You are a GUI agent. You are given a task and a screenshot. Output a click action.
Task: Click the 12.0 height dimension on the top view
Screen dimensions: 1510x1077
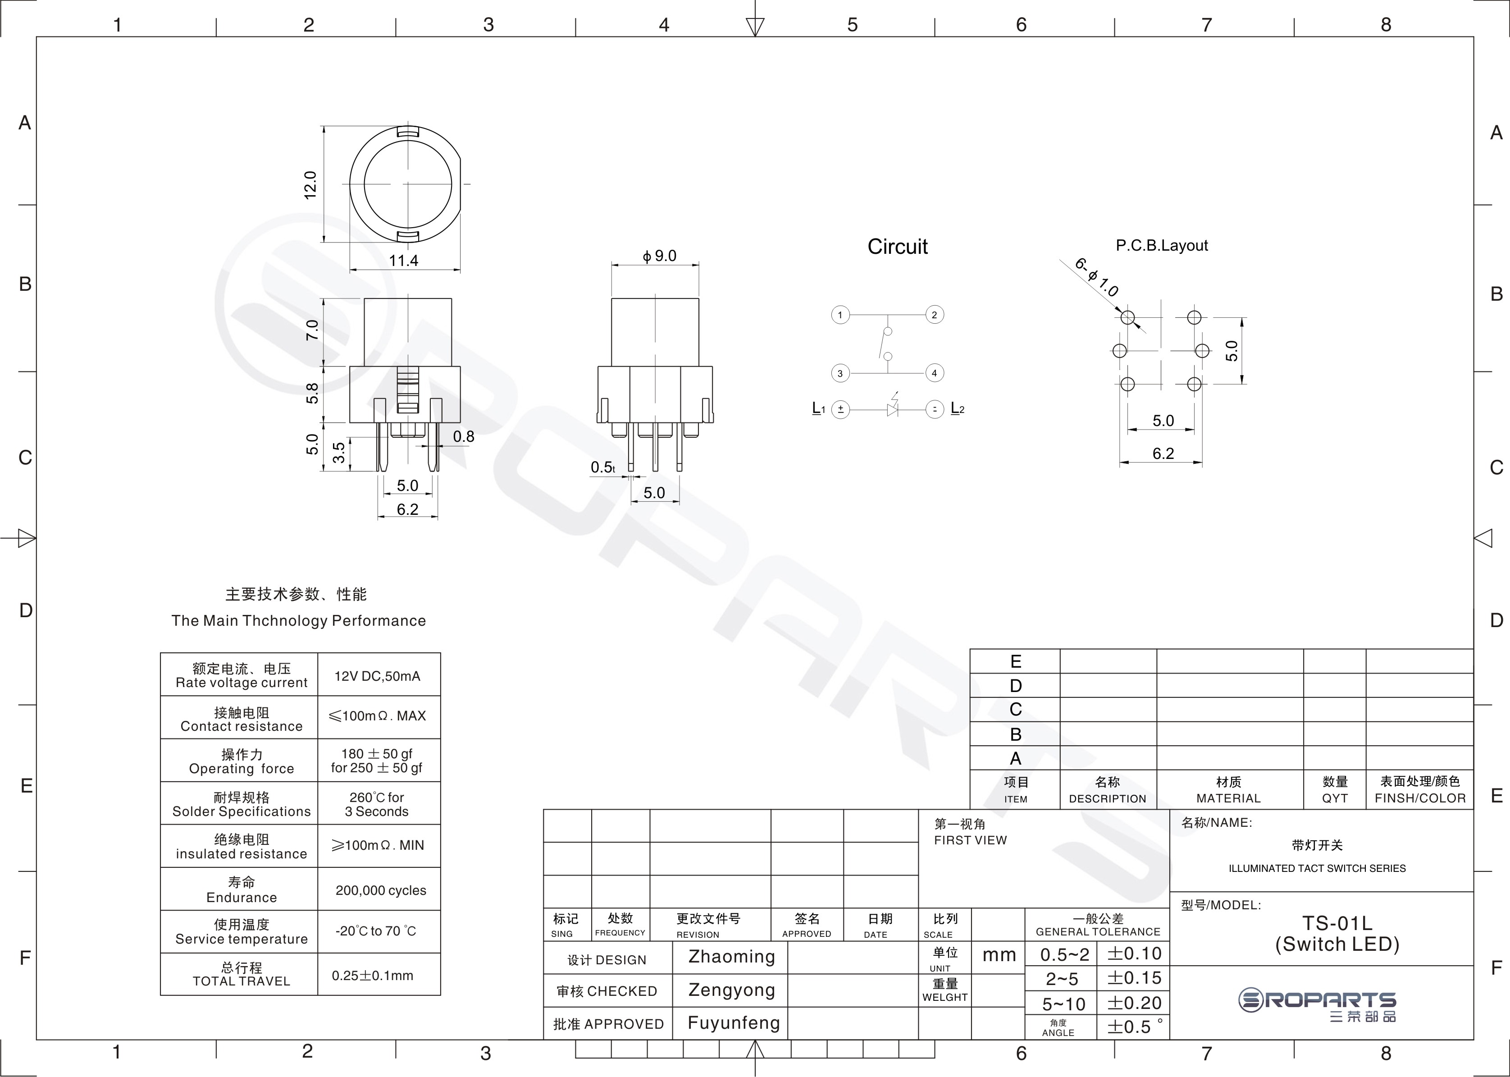click(x=310, y=185)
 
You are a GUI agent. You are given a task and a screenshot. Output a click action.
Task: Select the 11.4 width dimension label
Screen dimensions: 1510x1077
click(x=404, y=261)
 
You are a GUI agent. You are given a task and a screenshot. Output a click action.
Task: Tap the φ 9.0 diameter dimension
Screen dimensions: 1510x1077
click(x=660, y=256)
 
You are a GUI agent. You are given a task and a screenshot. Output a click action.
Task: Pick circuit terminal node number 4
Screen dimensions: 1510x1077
click(x=934, y=373)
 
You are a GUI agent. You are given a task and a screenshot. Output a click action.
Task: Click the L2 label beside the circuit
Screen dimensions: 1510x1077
click(x=957, y=408)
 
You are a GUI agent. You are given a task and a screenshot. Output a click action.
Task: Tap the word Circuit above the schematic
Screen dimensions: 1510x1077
click(x=898, y=247)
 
